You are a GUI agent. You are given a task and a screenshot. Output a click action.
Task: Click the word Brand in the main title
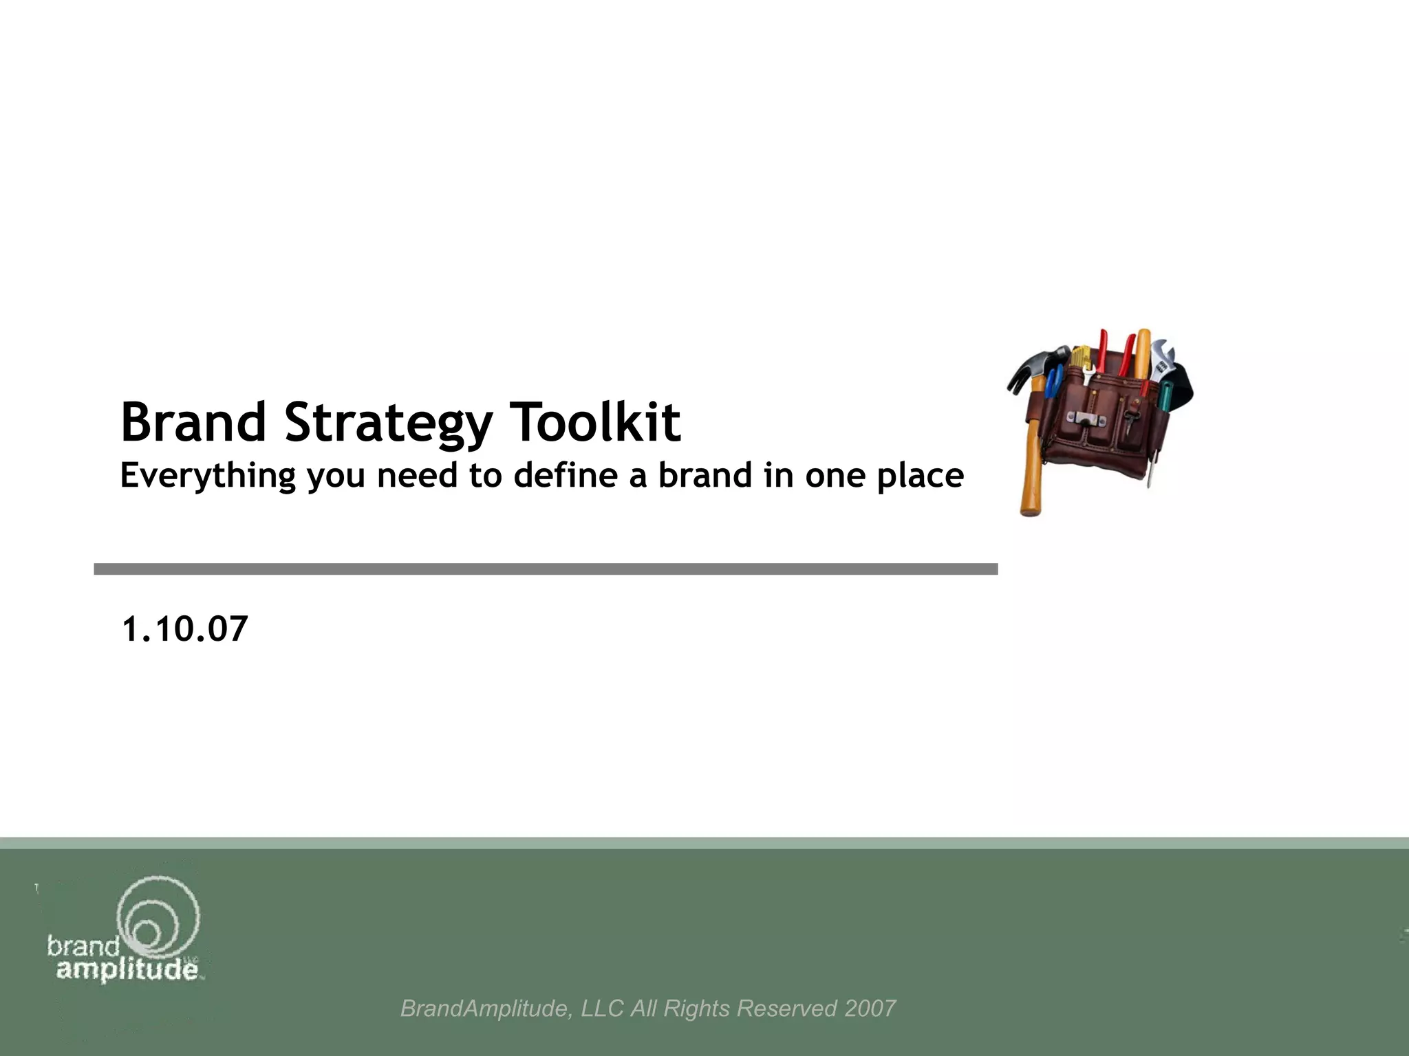coord(193,421)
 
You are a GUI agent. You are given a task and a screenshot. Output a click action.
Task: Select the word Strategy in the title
coord(388,423)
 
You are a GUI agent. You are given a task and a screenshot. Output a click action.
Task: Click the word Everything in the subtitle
coord(208,476)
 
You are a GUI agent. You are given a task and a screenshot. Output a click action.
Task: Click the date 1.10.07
coord(184,629)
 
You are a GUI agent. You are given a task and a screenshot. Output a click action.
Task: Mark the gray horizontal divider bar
coord(546,569)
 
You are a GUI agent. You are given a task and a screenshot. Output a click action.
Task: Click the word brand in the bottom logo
coord(83,947)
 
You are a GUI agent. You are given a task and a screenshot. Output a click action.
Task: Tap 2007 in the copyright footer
coord(870,1009)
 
